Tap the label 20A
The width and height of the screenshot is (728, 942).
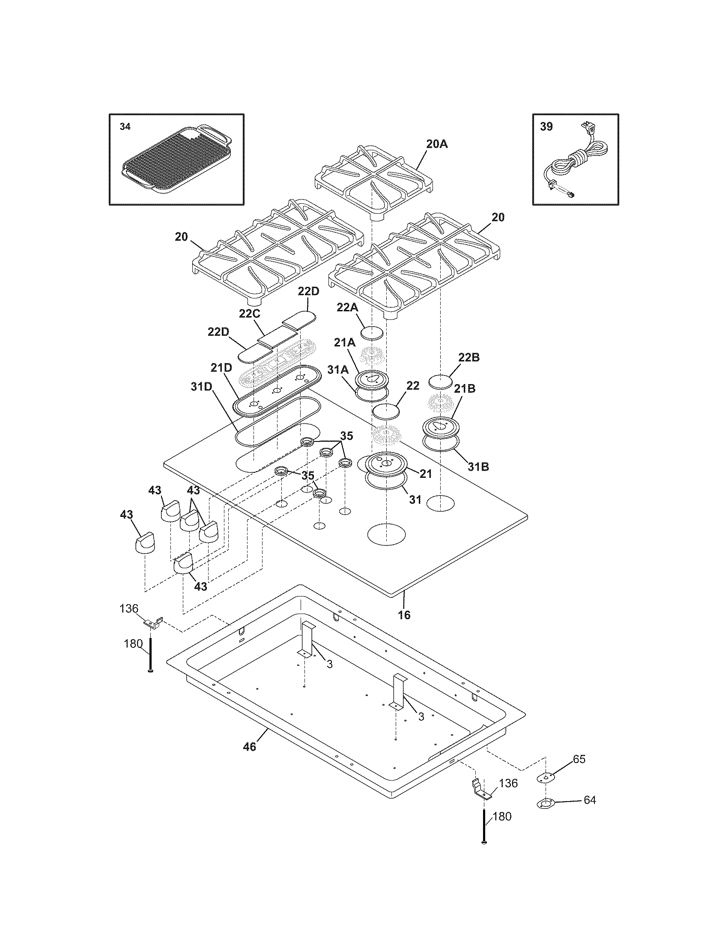pyautogui.click(x=437, y=144)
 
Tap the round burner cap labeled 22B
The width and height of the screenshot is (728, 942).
pyautogui.click(x=441, y=382)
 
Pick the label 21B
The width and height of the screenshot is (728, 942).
pyautogui.click(x=465, y=389)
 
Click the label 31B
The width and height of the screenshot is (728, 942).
pyautogui.click(x=477, y=466)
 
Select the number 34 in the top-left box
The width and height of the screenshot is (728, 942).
pyautogui.click(x=125, y=127)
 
